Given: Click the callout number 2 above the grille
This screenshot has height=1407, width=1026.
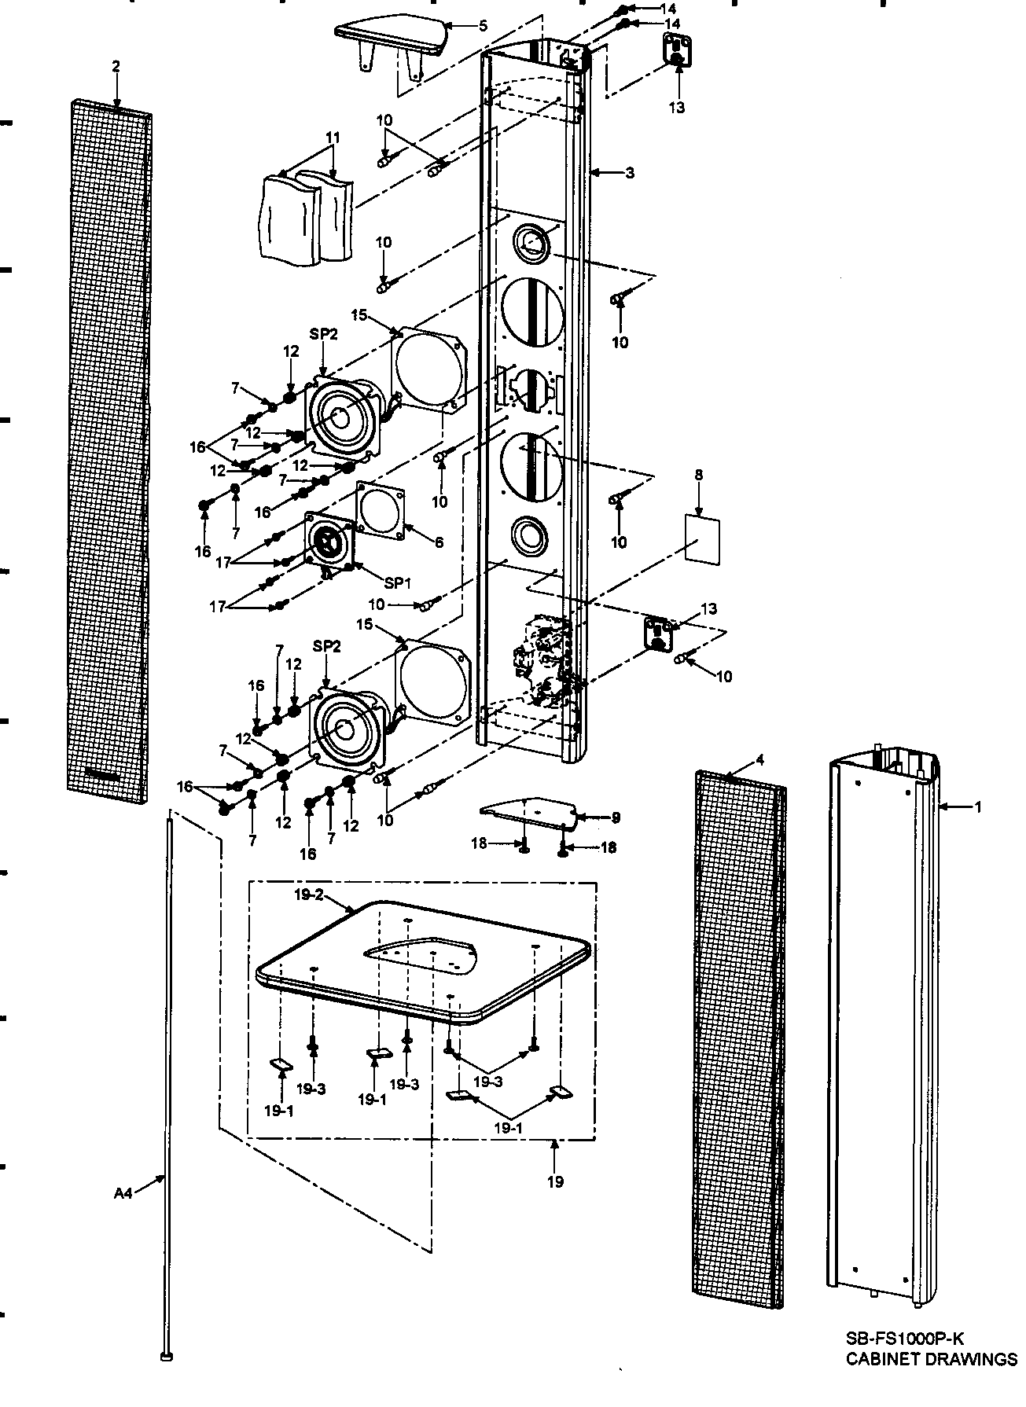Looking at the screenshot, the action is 116,67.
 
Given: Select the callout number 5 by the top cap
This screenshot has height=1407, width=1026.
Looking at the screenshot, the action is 483,26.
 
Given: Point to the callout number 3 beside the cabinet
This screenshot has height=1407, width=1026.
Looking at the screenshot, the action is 629,172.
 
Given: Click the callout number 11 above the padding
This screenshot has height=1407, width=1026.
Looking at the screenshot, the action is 333,138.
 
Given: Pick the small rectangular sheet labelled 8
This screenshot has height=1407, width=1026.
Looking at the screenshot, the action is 702,538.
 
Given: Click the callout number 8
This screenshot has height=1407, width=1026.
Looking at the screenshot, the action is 699,475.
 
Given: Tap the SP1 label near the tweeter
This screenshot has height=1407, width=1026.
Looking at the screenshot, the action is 398,583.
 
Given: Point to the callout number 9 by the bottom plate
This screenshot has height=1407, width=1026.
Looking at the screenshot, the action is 616,817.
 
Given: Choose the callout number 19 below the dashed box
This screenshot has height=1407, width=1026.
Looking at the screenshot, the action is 555,1181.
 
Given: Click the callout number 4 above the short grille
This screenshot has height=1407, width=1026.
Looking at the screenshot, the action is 759,759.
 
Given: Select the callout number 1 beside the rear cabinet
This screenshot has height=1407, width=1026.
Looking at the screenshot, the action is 977,806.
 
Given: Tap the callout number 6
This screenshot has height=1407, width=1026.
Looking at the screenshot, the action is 439,542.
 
